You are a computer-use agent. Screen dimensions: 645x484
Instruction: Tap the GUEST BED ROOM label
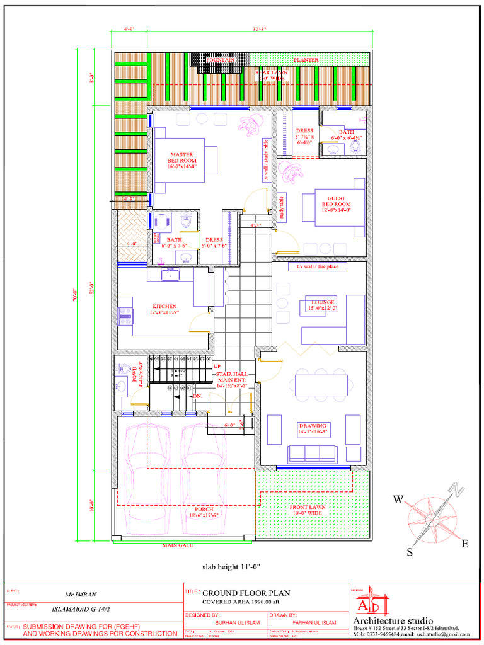[x=336, y=202]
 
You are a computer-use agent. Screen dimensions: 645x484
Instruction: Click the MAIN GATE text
[x=178, y=545]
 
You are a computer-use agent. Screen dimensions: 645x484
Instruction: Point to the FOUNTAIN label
[x=221, y=59]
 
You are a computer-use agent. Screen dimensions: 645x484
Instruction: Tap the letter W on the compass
[x=398, y=499]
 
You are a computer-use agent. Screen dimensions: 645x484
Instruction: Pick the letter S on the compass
[x=409, y=552]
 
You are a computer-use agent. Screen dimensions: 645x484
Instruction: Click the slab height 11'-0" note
[x=231, y=567]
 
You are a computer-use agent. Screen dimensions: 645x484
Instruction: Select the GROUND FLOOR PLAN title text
[x=246, y=593]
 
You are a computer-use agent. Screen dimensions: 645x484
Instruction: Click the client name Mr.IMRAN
[x=81, y=594]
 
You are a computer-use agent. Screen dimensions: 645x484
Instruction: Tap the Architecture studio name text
[x=393, y=621]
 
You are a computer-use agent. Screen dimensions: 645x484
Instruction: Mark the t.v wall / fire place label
[x=318, y=266]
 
